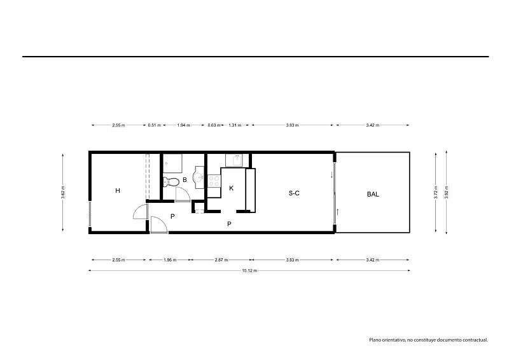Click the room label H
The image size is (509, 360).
[x=118, y=191]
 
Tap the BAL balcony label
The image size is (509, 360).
[x=373, y=194]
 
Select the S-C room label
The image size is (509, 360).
[x=294, y=193]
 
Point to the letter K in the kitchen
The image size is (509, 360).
[x=231, y=188]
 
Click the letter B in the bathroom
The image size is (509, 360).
[x=185, y=179]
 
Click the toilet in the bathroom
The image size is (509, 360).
[x=171, y=182]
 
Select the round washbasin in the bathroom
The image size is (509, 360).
[x=199, y=177]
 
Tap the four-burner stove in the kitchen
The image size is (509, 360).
[x=214, y=181]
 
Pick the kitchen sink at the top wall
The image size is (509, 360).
[x=237, y=160]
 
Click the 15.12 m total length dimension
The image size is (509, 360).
[x=249, y=270]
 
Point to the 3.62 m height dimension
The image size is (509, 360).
[x=63, y=192]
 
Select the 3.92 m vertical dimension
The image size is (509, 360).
[x=447, y=192]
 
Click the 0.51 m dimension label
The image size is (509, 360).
[x=154, y=125]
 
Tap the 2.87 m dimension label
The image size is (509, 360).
[x=221, y=260]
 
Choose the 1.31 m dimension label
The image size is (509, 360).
[x=235, y=125]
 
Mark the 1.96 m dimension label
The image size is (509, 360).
[x=170, y=260]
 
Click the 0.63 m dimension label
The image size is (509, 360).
[x=214, y=125]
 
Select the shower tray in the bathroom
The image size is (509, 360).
[x=172, y=163]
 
